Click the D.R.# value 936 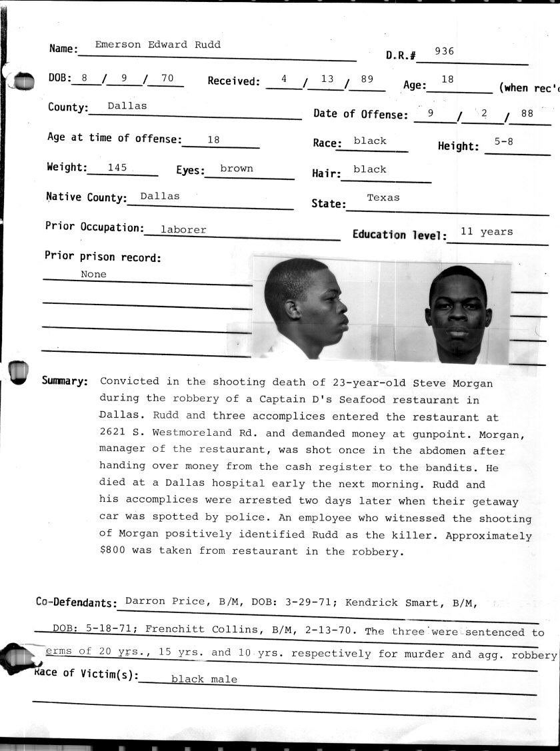pyautogui.click(x=445, y=51)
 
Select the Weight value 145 pyautogui.click(x=117, y=168)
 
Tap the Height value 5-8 pyautogui.click(x=503, y=141)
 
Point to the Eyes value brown pyautogui.click(x=237, y=169)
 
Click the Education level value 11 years pyautogui.click(x=487, y=232)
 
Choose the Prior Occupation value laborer pyautogui.click(x=183, y=229)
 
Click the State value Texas pyautogui.click(x=383, y=197)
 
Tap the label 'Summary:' pyautogui.click(x=65, y=381)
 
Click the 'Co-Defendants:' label pyautogui.click(x=76, y=602)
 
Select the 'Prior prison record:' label pyautogui.click(x=103, y=257)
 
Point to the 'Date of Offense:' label pyautogui.click(x=361, y=114)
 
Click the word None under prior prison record pyautogui.click(x=93, y=274)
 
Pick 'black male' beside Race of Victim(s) pyautogui.click(x=204, y=679)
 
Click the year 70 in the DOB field pyautogui.click(x=167, y=79)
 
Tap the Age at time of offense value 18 pyautogui.click(x=213, y=140)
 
